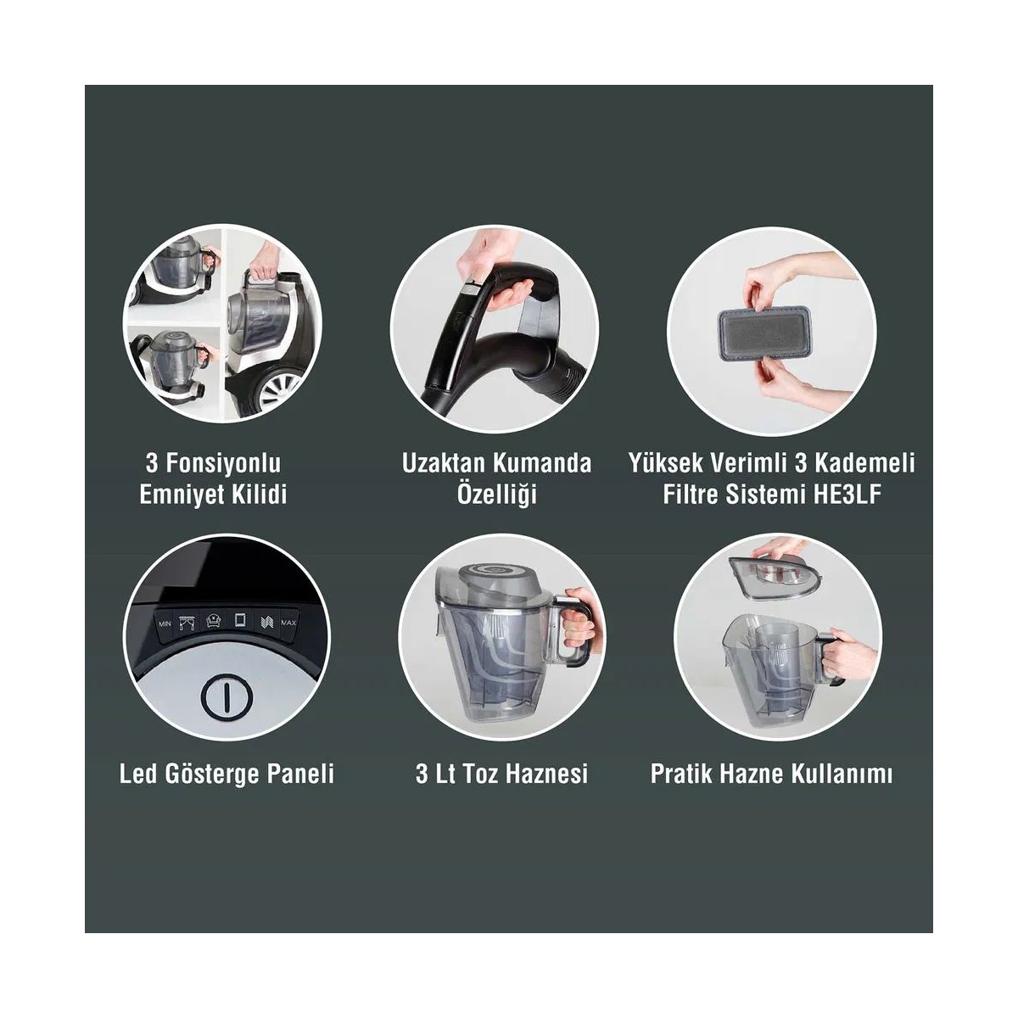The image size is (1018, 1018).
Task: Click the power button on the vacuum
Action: coord(227,696)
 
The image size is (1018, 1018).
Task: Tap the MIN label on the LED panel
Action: coord(165,624)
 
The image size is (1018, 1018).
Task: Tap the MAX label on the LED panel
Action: coord(288,623)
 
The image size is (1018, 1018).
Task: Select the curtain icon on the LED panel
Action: coord(187,621)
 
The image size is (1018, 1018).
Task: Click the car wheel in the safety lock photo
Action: coord(277,391)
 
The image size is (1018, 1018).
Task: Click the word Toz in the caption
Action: coord(479,775)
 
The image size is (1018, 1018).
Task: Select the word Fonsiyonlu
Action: coord(222,464)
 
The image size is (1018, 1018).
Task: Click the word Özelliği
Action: coord(496,495)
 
